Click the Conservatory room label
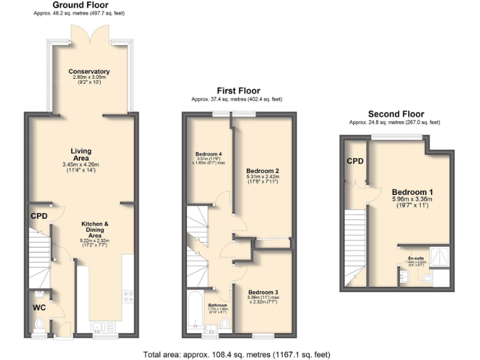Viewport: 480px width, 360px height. click(x=89, y=72)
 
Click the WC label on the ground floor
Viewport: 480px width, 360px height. click(x=39, y=307)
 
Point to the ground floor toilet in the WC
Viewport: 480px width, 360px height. click(x=39, y=324)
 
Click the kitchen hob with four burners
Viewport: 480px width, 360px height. click(x=127, y=296)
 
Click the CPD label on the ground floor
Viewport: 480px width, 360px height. click(x=39, y=217)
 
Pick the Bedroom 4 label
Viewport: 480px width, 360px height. click(x=209, y=154)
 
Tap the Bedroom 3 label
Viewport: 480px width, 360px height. click(x=262, y=292)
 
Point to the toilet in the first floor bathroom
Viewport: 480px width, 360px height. click(x=224, y=323)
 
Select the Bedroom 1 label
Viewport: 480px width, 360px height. click(x=412, y=191)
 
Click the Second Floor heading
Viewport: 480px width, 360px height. click(x=396, y=114)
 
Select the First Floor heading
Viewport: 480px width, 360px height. click(x=238, y=91)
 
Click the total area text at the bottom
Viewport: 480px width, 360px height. click(x=236, y=354)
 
